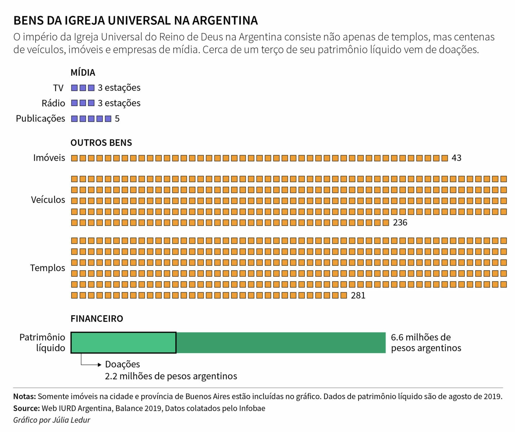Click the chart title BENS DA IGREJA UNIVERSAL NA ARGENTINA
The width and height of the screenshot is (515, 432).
(136, 21)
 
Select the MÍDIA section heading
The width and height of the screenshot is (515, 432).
(83, 72)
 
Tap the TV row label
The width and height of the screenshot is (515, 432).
(58, 88)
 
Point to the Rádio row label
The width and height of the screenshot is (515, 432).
(53, 103)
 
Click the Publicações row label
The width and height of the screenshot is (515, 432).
(40, 118)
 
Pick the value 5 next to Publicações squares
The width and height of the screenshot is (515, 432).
(117, 119)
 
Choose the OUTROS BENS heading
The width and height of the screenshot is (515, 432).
(101, 143)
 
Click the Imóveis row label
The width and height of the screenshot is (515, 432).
(49, 158)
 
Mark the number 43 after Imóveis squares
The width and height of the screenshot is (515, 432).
(456, 158)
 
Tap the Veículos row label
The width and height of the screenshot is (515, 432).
(48, 200)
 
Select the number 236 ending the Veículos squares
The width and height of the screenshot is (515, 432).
(400, 223)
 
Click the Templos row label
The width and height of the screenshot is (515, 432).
(48, 268)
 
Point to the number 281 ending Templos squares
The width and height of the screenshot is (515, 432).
(358, 296)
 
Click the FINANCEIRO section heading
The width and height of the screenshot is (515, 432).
(97, 319)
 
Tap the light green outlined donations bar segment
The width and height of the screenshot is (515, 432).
(123, 343)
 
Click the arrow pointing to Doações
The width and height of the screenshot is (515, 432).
(99, 365)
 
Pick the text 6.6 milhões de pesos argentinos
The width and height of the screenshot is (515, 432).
(426, 343)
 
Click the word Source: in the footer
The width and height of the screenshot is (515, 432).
(26, 408)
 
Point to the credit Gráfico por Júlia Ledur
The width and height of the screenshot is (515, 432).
(52, 420)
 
